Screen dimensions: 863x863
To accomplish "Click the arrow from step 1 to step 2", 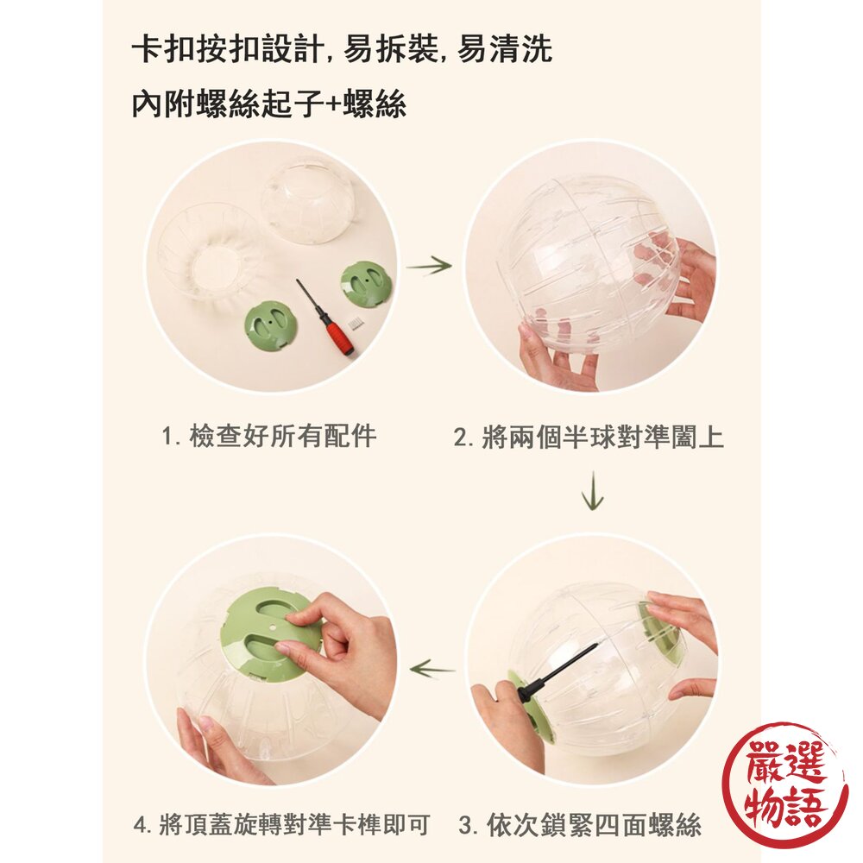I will (x=429, y=266).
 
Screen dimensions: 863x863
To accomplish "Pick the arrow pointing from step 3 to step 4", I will (x=431, y=668).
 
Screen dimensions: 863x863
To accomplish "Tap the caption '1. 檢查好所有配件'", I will (x=269, y=436).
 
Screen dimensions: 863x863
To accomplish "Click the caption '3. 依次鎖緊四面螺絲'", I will (x=579, y=825).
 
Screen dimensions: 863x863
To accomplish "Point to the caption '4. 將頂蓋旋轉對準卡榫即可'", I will (x=281, y=825).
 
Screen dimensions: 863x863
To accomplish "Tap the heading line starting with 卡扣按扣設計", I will (x=342, y=50).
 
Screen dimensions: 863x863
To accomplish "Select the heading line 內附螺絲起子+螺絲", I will (x=268, y=104).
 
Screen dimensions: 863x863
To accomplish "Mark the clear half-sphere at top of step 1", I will (x=307, y=200).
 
